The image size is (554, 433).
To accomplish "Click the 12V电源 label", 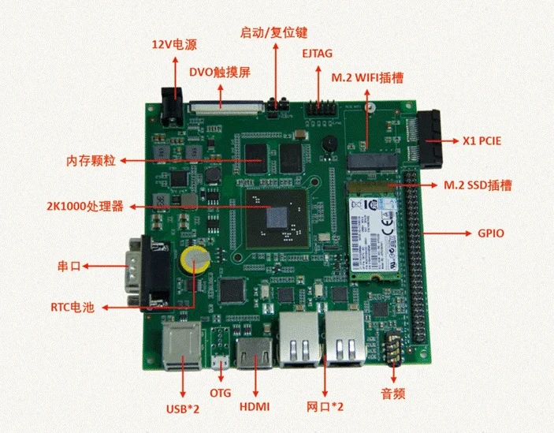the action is (x=174, y=44).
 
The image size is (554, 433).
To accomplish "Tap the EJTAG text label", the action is (x=318, y=54).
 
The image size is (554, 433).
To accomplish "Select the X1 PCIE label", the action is (x=482, y=141).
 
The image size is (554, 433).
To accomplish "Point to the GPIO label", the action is (x=491, y=233).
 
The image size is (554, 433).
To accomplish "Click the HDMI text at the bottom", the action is (x=255, y=406).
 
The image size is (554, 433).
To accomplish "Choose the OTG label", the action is (x=220, y=393).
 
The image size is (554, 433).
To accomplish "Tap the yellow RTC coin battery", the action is (x=195, y=260).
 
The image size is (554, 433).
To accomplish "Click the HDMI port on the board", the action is (x=255, y=353).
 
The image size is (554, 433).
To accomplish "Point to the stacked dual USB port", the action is (x=182, y=346).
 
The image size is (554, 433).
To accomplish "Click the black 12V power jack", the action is (x=173, y=106).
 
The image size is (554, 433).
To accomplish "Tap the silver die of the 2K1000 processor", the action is (x=277, y=218).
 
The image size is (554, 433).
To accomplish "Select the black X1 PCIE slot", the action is (x=430, y=140).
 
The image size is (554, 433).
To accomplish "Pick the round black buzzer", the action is (x=329, y=144).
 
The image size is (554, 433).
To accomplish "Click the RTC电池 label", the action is (x=73, y=307).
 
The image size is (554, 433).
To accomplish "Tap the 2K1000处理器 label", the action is (x=85, y=206).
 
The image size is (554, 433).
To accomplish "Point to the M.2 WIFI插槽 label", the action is (x=367, y=77).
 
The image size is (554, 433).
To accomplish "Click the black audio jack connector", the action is (x=393, y=347).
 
